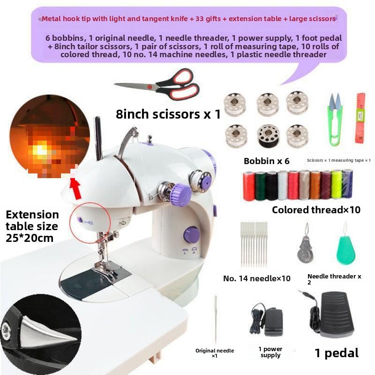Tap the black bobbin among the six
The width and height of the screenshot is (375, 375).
coord(266,135)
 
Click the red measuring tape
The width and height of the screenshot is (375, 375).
coord(360,117)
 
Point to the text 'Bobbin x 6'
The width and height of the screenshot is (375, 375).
coord(266,161)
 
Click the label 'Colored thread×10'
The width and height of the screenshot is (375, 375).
coord(316,210)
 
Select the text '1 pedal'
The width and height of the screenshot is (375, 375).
coord(336,352)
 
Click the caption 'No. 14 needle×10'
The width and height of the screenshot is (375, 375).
coord(256,278)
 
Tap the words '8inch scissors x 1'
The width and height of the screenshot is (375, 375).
coord(168,114)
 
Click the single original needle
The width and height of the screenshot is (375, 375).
coord(216,323)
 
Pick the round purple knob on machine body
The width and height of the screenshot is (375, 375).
coord(191,234)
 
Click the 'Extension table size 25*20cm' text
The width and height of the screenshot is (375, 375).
coord(32,226)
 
